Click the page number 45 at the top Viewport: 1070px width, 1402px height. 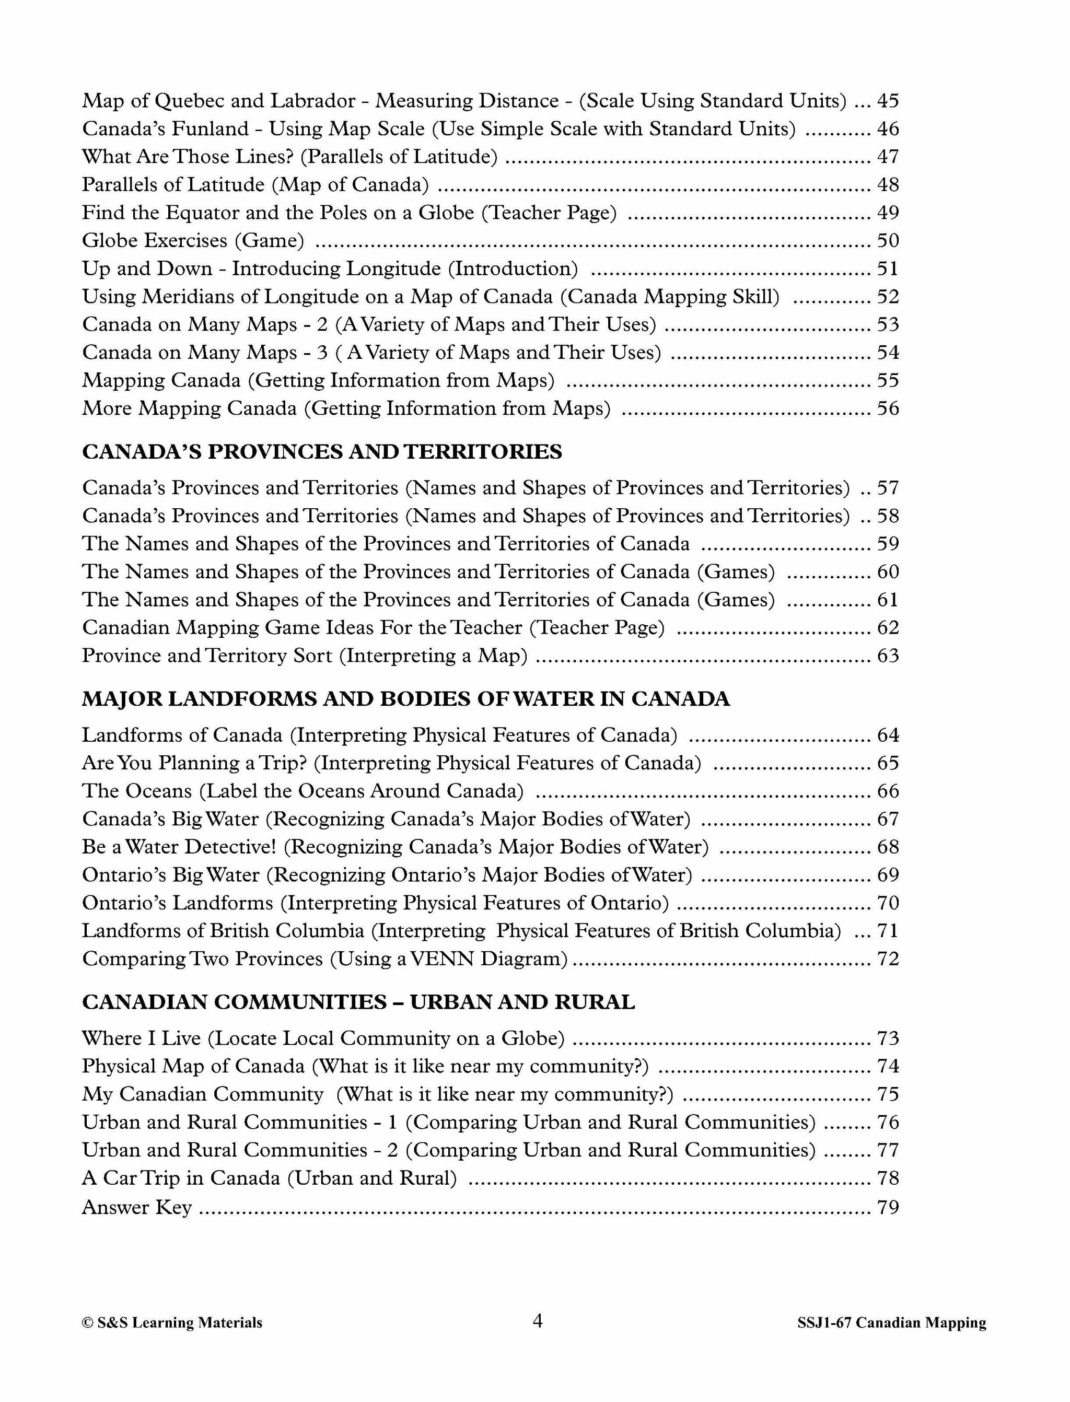coord(888,101)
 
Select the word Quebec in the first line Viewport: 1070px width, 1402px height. coord(190,101)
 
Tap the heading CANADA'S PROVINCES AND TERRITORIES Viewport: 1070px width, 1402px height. coord(322,452)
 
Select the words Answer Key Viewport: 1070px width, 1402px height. coord(136,1207)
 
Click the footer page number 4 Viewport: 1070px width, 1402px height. coord(537,1321)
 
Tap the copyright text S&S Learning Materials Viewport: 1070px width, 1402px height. coord(172,1323)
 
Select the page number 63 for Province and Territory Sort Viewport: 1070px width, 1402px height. coord(888,655)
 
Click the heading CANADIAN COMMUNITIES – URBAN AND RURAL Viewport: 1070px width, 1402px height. coord(358,1002)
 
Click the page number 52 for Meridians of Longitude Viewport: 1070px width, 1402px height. coord(888,297)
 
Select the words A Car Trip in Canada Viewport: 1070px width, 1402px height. coord(181,1178)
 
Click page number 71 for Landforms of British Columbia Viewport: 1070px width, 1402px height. coord(888,931)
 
